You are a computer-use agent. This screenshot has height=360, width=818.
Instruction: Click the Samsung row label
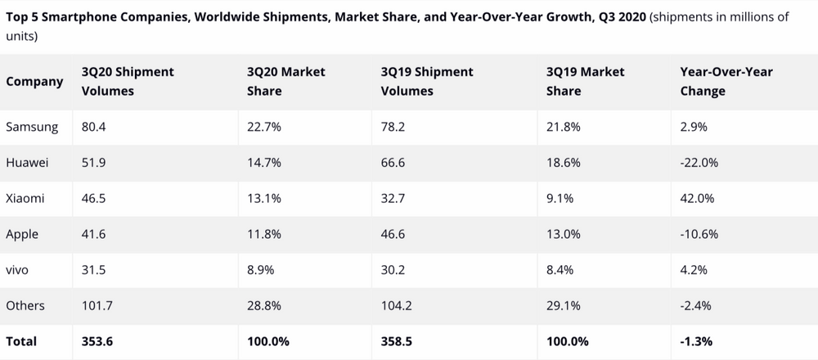coord(32,127)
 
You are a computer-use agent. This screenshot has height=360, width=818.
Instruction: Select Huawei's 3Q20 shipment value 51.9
coord(94,163)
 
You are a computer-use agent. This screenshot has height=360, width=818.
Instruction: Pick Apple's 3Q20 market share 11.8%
coord(263,234)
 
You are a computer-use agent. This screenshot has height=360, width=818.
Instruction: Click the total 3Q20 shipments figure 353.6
coord(99,340)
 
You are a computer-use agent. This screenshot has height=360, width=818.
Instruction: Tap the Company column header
coord(34,81)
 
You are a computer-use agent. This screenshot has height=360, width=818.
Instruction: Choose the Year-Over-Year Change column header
coord(726,81)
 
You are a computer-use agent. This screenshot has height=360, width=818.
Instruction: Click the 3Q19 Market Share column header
coord(585,81)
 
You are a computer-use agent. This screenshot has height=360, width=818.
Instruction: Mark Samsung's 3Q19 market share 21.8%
coord(564,127)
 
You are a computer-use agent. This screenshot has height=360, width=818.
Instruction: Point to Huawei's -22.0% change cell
coord(699,163)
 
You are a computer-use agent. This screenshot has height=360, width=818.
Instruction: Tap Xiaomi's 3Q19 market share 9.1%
coord(560,198)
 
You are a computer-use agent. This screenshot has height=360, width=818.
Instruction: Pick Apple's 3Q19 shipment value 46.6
coord(394,234)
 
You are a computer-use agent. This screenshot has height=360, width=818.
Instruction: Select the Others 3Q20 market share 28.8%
coord(264,305)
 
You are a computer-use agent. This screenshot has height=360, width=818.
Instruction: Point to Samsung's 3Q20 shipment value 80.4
coord(95,127)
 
